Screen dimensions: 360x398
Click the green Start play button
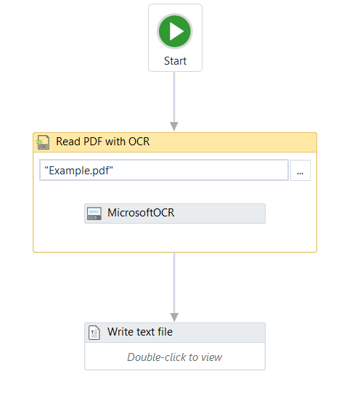point(174,31)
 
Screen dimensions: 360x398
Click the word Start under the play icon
point(175,61)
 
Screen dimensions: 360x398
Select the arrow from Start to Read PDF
point(174,101)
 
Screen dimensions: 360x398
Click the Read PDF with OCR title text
point(103,142)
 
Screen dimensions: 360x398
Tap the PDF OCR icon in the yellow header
point(43,142)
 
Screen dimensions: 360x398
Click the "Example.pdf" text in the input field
point(78,171)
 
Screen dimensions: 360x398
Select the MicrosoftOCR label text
point(141,213)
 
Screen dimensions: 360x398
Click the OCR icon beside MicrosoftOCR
point(94,214)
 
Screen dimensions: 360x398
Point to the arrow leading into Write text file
point(174,287)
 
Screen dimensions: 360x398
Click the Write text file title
point(140,332)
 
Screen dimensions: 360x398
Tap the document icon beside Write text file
point(94,333)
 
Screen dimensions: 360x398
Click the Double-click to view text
point(174,357)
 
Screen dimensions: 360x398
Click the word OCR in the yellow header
point(139,142)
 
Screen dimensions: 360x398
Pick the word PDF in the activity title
point(93,142)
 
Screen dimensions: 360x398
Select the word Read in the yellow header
point(68,142)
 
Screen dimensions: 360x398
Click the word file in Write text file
point(165,332)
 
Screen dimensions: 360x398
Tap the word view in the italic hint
point(211,357)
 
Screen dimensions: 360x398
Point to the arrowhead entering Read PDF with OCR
point(174,126)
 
